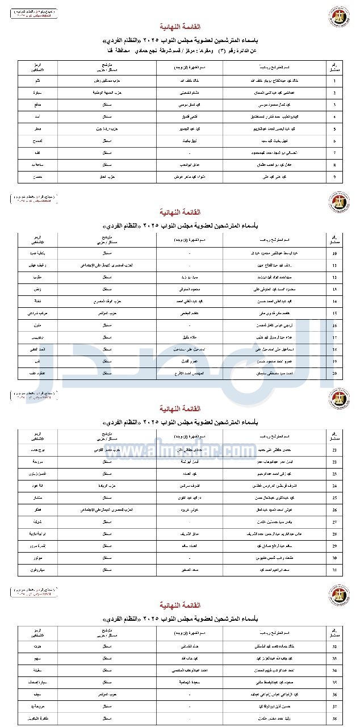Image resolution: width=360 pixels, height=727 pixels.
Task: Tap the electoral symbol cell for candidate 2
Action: pyautogui.click(x=37, y=93)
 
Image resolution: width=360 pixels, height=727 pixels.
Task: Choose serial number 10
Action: pyautogui.click(x=334, y=253)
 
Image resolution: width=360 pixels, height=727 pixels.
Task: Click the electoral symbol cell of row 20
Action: pyautogui.click(x=37, y=373)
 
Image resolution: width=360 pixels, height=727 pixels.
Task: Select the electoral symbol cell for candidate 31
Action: pyautogui.click(x=37, y=570)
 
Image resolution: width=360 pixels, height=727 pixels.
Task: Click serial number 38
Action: pyautogui.click(x=334, y=721)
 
